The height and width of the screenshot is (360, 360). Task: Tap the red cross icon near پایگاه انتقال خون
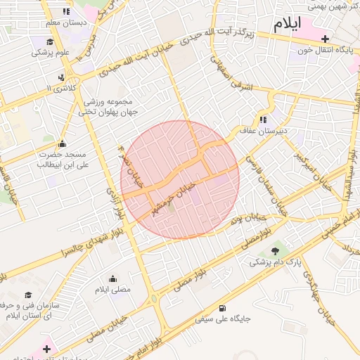(x=324, y=39)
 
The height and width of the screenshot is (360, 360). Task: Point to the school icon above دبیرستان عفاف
(x=264, y=119)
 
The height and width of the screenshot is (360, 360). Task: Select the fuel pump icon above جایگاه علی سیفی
(x=223, y=307)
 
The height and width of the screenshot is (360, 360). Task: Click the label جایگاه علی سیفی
(x=223, y=319)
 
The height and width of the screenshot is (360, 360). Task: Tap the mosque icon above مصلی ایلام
(x=113, y=278)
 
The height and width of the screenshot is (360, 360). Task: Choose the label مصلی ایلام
(x=112, y=290)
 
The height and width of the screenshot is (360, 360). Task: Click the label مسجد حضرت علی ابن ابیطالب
(x=62, y=160)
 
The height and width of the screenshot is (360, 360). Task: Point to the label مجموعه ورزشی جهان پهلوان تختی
(x=108, y=106)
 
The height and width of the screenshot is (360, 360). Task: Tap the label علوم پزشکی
(x=53, y=51)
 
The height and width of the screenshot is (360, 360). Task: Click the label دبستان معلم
(x=66, y=22)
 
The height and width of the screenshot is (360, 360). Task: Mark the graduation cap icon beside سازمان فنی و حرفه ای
(x=29, y=295)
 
